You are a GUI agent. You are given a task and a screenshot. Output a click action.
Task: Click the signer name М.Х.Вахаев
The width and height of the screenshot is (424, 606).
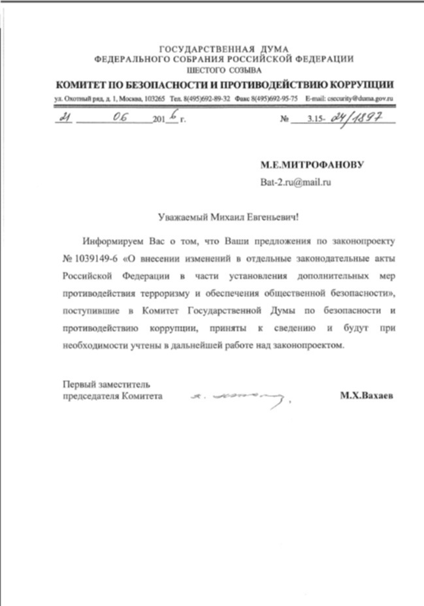pyautogui.click(x=367, y=396)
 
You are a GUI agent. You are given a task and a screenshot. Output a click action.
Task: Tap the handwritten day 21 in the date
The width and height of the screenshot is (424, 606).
pyautogui.click(x=63, y=119)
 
